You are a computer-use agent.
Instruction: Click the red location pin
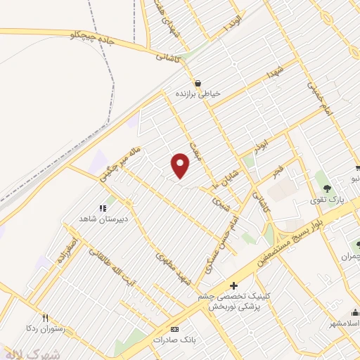click(181, 165)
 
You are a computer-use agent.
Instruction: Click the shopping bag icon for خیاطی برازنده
click(198, 82)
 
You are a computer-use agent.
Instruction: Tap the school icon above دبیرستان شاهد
click(102, 207)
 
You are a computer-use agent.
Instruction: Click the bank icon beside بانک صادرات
click(175, 328)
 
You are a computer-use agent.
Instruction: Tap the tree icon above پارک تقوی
click(327, 188)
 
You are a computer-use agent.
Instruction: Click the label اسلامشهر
click(340, 323)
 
